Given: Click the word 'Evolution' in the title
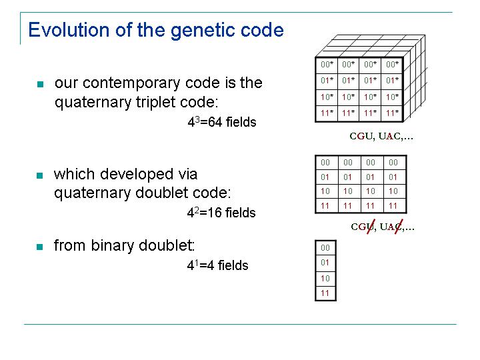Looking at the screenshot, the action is coord(69,30).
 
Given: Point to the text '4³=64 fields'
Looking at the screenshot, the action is coord(222,122).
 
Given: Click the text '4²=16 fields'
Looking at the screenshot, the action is coord(221,213).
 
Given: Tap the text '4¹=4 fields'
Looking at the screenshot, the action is coord(217,265).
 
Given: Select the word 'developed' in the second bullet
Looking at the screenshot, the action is coord(137,175).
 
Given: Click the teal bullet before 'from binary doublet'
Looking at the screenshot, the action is coord(40,247).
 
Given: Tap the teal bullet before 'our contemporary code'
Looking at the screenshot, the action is coord(41,84).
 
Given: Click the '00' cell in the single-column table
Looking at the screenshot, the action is coord(325,248).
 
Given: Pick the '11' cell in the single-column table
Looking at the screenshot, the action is coord(325,293).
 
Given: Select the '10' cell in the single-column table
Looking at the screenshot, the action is coord(325,279).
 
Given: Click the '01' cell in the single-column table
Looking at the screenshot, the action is coord(325,263).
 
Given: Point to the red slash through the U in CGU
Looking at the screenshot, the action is coord(371,227).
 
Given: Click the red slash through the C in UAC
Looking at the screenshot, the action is coord(399,227).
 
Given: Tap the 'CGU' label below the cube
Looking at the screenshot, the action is coord(361,136).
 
